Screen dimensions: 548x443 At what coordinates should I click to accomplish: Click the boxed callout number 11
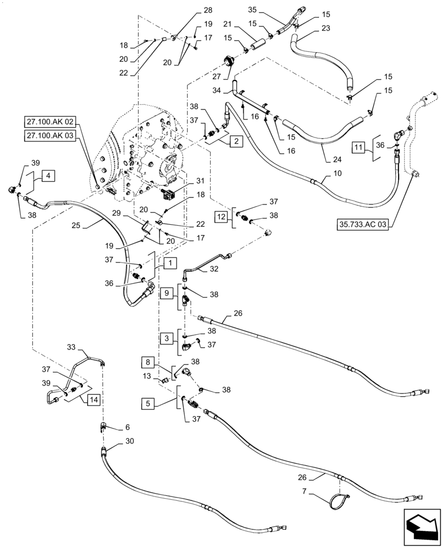358,149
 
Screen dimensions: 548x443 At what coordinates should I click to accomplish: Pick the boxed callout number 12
221,217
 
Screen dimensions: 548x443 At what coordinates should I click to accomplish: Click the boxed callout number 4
48,176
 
